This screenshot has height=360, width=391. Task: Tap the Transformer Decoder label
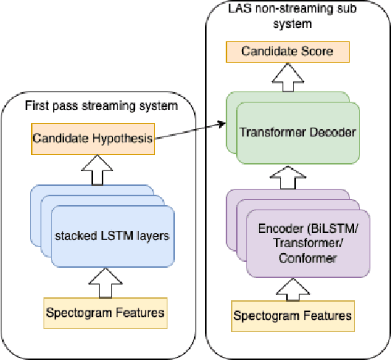click(x=297, y=132)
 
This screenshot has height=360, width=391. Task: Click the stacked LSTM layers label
click(x=112, y=236)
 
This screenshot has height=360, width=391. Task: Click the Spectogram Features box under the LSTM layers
click(x=104, y=314)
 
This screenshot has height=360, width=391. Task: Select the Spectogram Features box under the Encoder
click(x=293, y=316)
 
